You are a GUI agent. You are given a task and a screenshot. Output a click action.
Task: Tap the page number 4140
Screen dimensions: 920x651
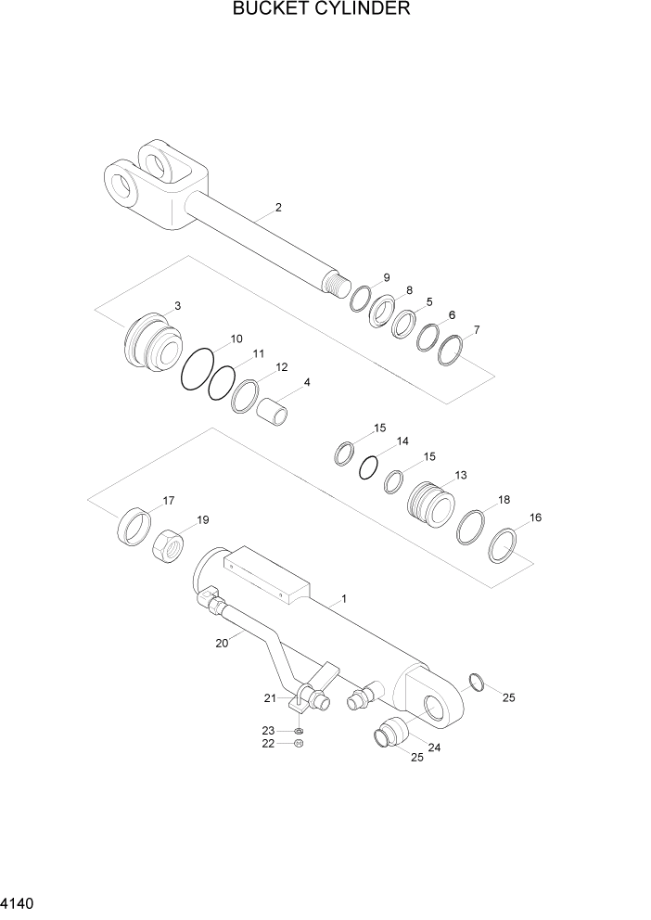point(19,901)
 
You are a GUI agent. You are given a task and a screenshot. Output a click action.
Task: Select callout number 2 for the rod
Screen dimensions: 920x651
point(277,208)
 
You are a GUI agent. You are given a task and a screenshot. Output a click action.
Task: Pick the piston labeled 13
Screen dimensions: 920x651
point(430,505)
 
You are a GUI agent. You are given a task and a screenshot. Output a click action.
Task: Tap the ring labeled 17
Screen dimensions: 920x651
point(134,528)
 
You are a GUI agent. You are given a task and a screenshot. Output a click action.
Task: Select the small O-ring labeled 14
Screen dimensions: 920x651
point(369,466)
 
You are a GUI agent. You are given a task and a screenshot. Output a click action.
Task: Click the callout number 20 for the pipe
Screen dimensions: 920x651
point(221,643)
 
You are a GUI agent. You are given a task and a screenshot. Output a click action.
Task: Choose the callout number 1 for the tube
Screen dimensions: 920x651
point(343,600)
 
